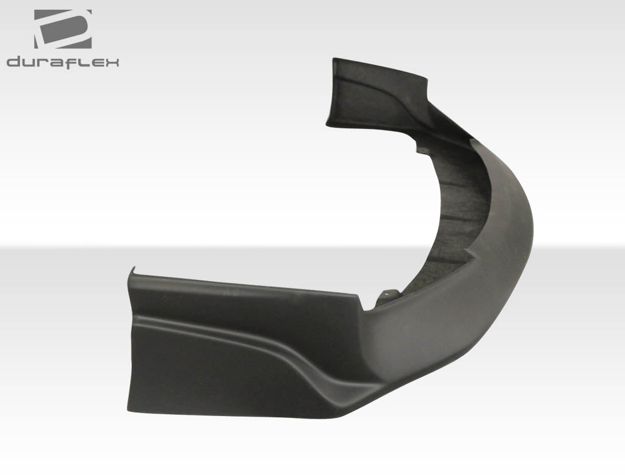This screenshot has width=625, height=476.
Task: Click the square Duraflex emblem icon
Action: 62,29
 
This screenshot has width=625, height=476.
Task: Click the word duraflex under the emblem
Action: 62,62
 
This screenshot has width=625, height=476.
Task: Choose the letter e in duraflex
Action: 94,62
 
